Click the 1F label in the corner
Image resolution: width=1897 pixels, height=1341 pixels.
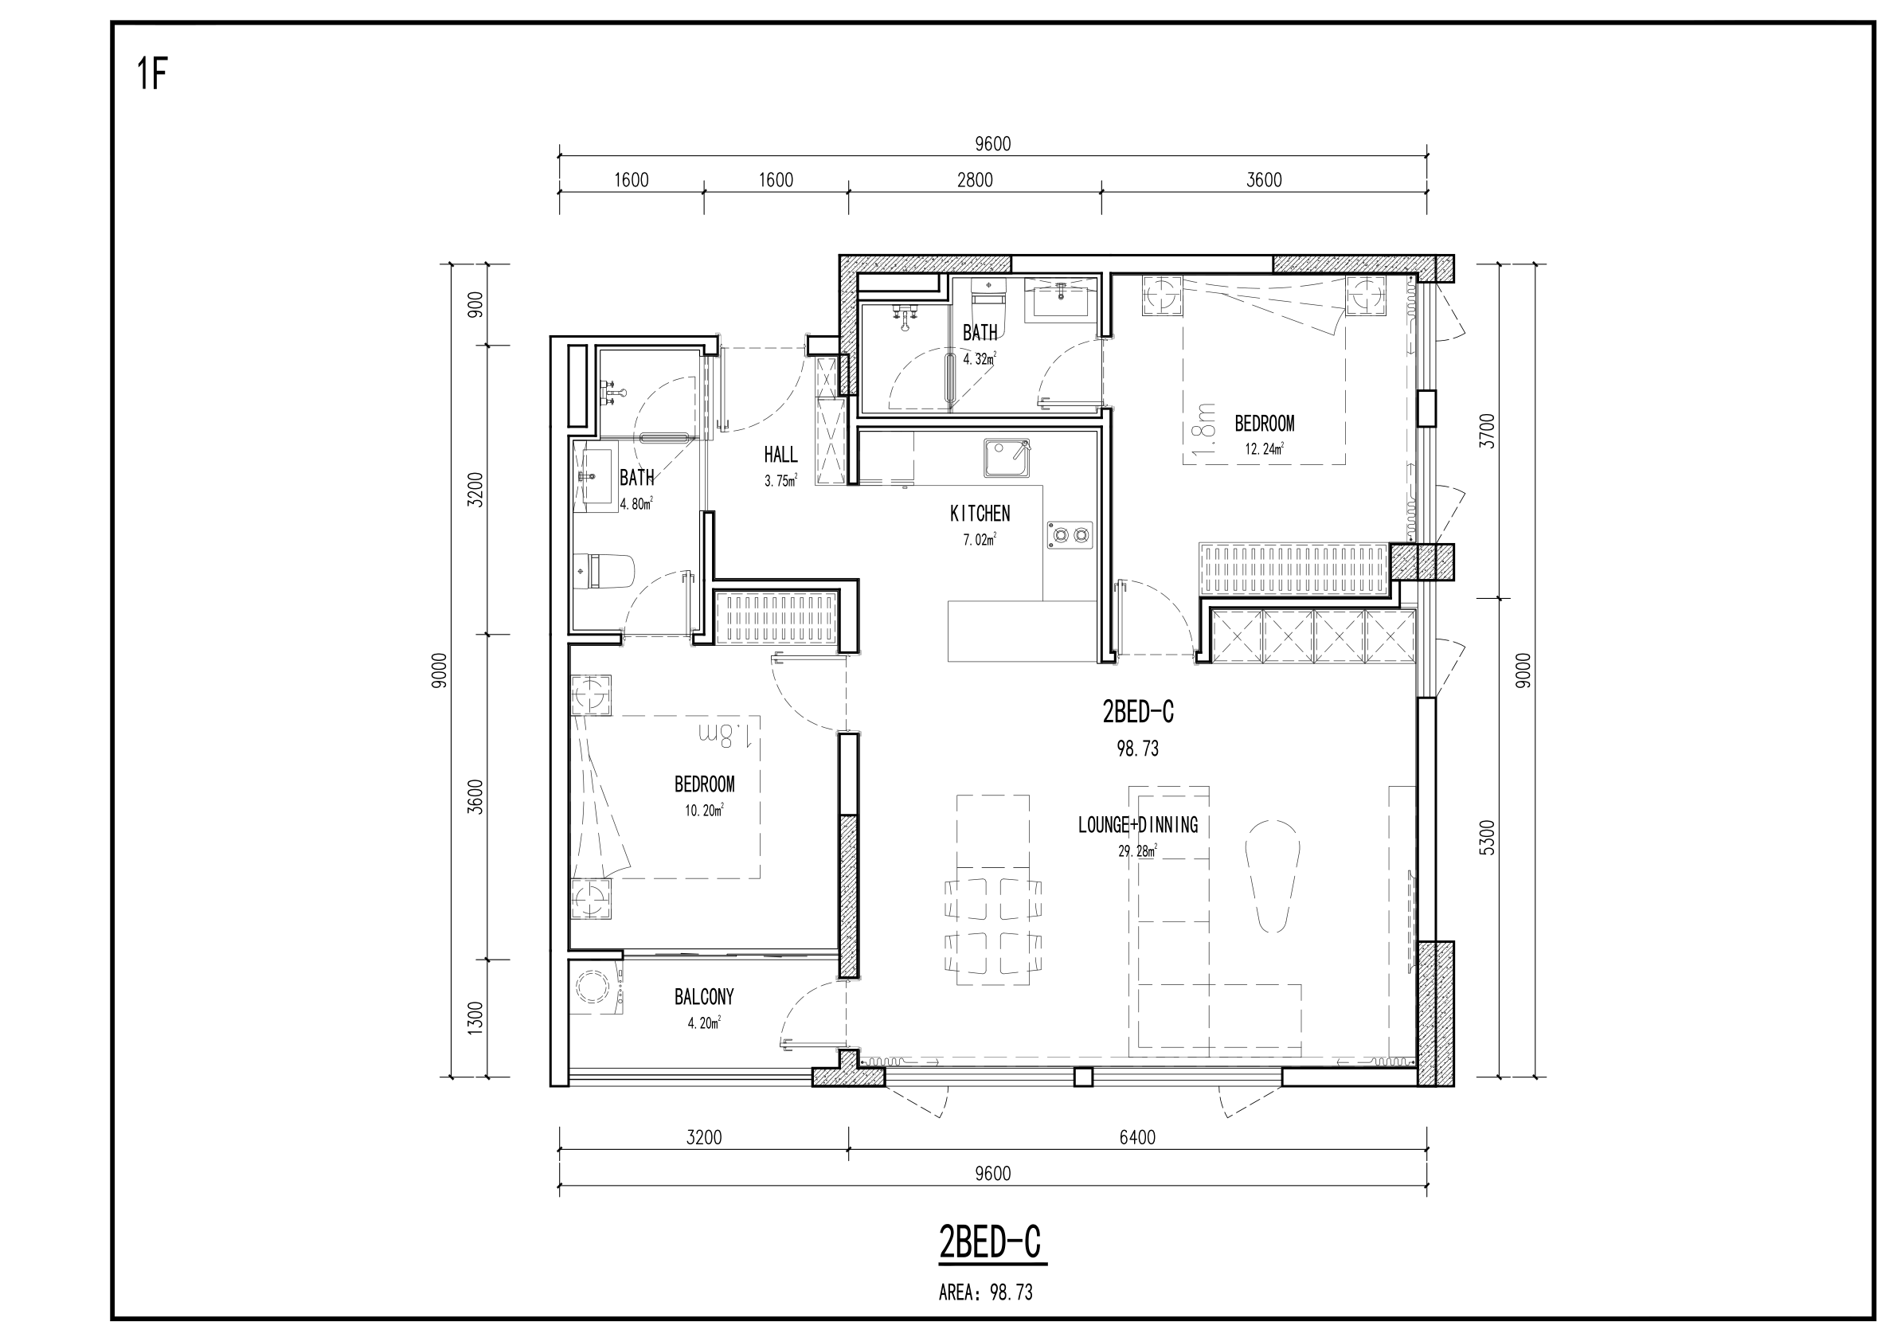click(x=153, y=73)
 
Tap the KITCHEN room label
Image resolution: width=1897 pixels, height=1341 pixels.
click(x=980, y=514)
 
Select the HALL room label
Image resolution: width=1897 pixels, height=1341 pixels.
click(x=780, y=455)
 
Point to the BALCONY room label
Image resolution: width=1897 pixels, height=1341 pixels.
click(x=704, y=997)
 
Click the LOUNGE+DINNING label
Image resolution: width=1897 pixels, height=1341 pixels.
click(x=1138, y=825)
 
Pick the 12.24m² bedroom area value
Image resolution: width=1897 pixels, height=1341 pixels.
click(x=1264, y=449)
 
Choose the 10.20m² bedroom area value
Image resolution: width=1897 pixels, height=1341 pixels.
click(x=704, y=811)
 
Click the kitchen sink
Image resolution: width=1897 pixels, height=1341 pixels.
click(x=1007, y=459)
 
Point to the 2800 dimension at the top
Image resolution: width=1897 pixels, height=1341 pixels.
click(x=975, y=180)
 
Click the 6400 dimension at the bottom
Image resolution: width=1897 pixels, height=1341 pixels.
click(x=1137, y=1138)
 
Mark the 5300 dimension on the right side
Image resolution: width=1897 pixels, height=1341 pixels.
click(x=1487, y=837)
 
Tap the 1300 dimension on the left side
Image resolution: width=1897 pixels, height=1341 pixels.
click(x=475, y=1018)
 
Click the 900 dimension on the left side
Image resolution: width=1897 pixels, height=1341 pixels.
click(x=475, y=305)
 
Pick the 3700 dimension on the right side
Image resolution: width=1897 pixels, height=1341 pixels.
click(x=1487, y=431)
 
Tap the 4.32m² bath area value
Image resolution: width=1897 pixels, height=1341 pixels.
click(x=980, y=359)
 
